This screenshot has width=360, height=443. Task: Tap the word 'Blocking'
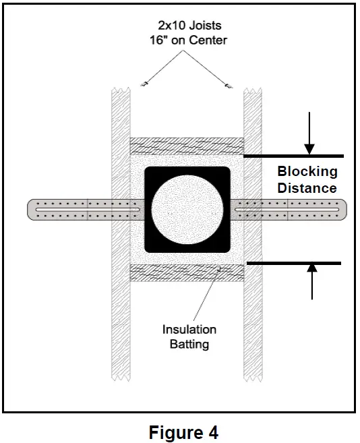307,171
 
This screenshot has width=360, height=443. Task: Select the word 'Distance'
307,187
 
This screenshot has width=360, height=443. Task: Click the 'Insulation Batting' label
189,336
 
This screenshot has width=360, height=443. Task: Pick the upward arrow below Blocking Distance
311,280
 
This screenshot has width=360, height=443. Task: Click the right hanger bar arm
297,209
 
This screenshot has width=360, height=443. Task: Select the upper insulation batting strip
186,146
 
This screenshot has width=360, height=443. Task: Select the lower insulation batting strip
186,272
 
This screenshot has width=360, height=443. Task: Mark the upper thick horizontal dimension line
293,156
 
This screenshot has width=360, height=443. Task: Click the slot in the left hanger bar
88,209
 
